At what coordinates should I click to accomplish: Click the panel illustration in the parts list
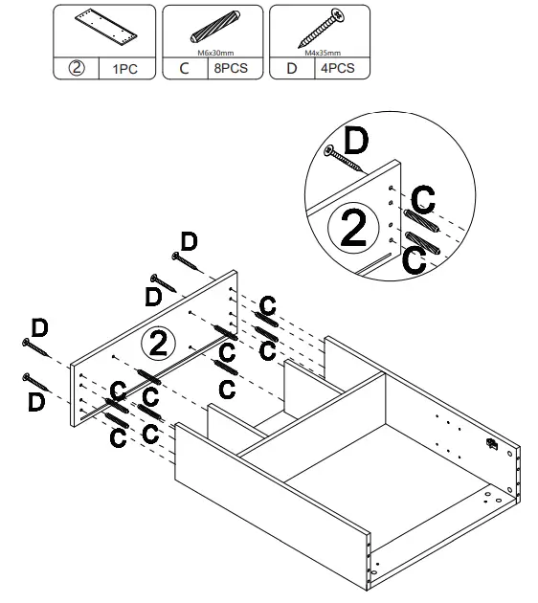105,28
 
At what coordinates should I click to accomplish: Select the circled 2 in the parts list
76,70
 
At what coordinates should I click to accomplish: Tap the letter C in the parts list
183,70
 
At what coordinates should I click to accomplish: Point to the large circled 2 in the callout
351,230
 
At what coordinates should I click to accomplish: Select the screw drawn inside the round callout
345,158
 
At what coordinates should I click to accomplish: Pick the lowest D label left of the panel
36,402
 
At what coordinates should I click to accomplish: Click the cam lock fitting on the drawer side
492,444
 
